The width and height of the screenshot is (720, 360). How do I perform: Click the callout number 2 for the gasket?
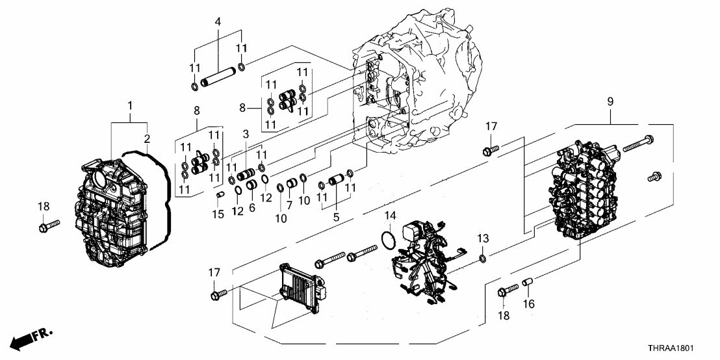click(x=147, y=138)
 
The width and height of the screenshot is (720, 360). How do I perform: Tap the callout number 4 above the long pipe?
click(x=218, y=21)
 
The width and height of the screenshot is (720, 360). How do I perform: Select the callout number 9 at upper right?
click(x=610, y=101)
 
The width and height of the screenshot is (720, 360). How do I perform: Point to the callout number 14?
click(x=390, y=215)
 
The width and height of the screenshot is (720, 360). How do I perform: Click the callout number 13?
click(x=482, y=238)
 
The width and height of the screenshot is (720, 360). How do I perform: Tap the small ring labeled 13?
click(x=482, y=260)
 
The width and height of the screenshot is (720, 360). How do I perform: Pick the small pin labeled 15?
click(x=220, y=194)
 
